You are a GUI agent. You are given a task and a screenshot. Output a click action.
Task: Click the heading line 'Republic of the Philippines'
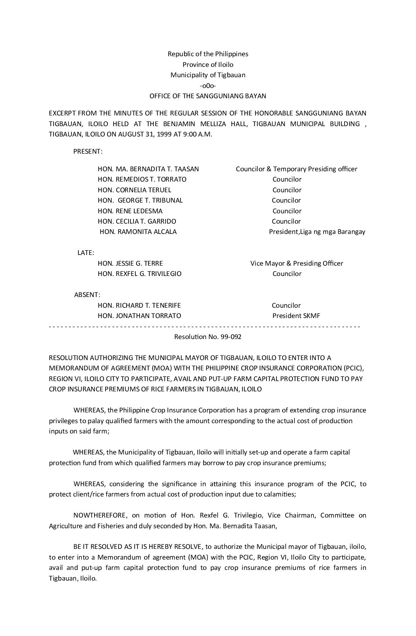coord(208,54)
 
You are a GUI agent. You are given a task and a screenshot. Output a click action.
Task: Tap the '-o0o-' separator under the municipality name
coord(208,86)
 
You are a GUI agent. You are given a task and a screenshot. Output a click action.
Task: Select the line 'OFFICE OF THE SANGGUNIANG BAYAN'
coord(208,96)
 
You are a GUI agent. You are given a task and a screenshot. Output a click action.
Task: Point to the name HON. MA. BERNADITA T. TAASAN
coord(148,169)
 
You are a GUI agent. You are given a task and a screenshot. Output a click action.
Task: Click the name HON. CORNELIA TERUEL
coord(135,190)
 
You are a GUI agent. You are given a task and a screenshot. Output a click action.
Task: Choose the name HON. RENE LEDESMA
coord(130,211)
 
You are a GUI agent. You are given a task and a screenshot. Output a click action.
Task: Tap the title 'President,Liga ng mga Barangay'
coord(317,232)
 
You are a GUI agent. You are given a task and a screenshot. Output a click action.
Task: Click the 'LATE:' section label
coord(86,253)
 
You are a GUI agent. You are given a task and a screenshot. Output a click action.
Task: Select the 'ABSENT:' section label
coord(87,295)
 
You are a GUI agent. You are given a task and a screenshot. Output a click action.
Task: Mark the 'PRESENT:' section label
coord(88,151)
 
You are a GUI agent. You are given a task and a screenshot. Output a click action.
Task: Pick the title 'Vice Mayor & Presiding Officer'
coord(297,263)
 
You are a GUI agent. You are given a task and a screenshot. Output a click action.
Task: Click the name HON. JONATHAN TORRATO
coord(140,316)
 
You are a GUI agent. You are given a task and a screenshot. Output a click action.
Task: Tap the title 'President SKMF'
coord(296,316)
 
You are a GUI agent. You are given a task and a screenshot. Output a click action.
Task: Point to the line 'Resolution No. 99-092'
coord(208,337)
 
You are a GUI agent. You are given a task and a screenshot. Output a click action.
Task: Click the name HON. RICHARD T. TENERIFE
coord(139,305)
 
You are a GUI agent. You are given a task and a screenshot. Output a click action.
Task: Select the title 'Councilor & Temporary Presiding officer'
coord(296,169)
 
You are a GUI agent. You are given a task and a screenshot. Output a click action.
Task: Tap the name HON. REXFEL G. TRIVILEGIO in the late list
coord(140,274)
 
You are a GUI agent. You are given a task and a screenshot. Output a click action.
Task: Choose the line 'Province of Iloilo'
coord(208,65)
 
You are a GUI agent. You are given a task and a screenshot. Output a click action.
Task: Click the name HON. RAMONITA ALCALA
coord(138,232)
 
